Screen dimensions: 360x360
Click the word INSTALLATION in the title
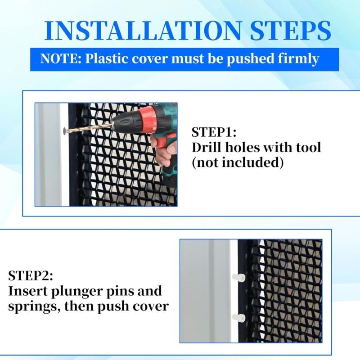click(x=130, y=31)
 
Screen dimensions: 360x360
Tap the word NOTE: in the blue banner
click(x=60, y=59)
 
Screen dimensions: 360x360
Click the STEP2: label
click(x=30, y=275)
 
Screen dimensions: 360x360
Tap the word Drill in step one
click(x=207, y=147)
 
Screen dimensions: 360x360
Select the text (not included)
click(x=238, y=162)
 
